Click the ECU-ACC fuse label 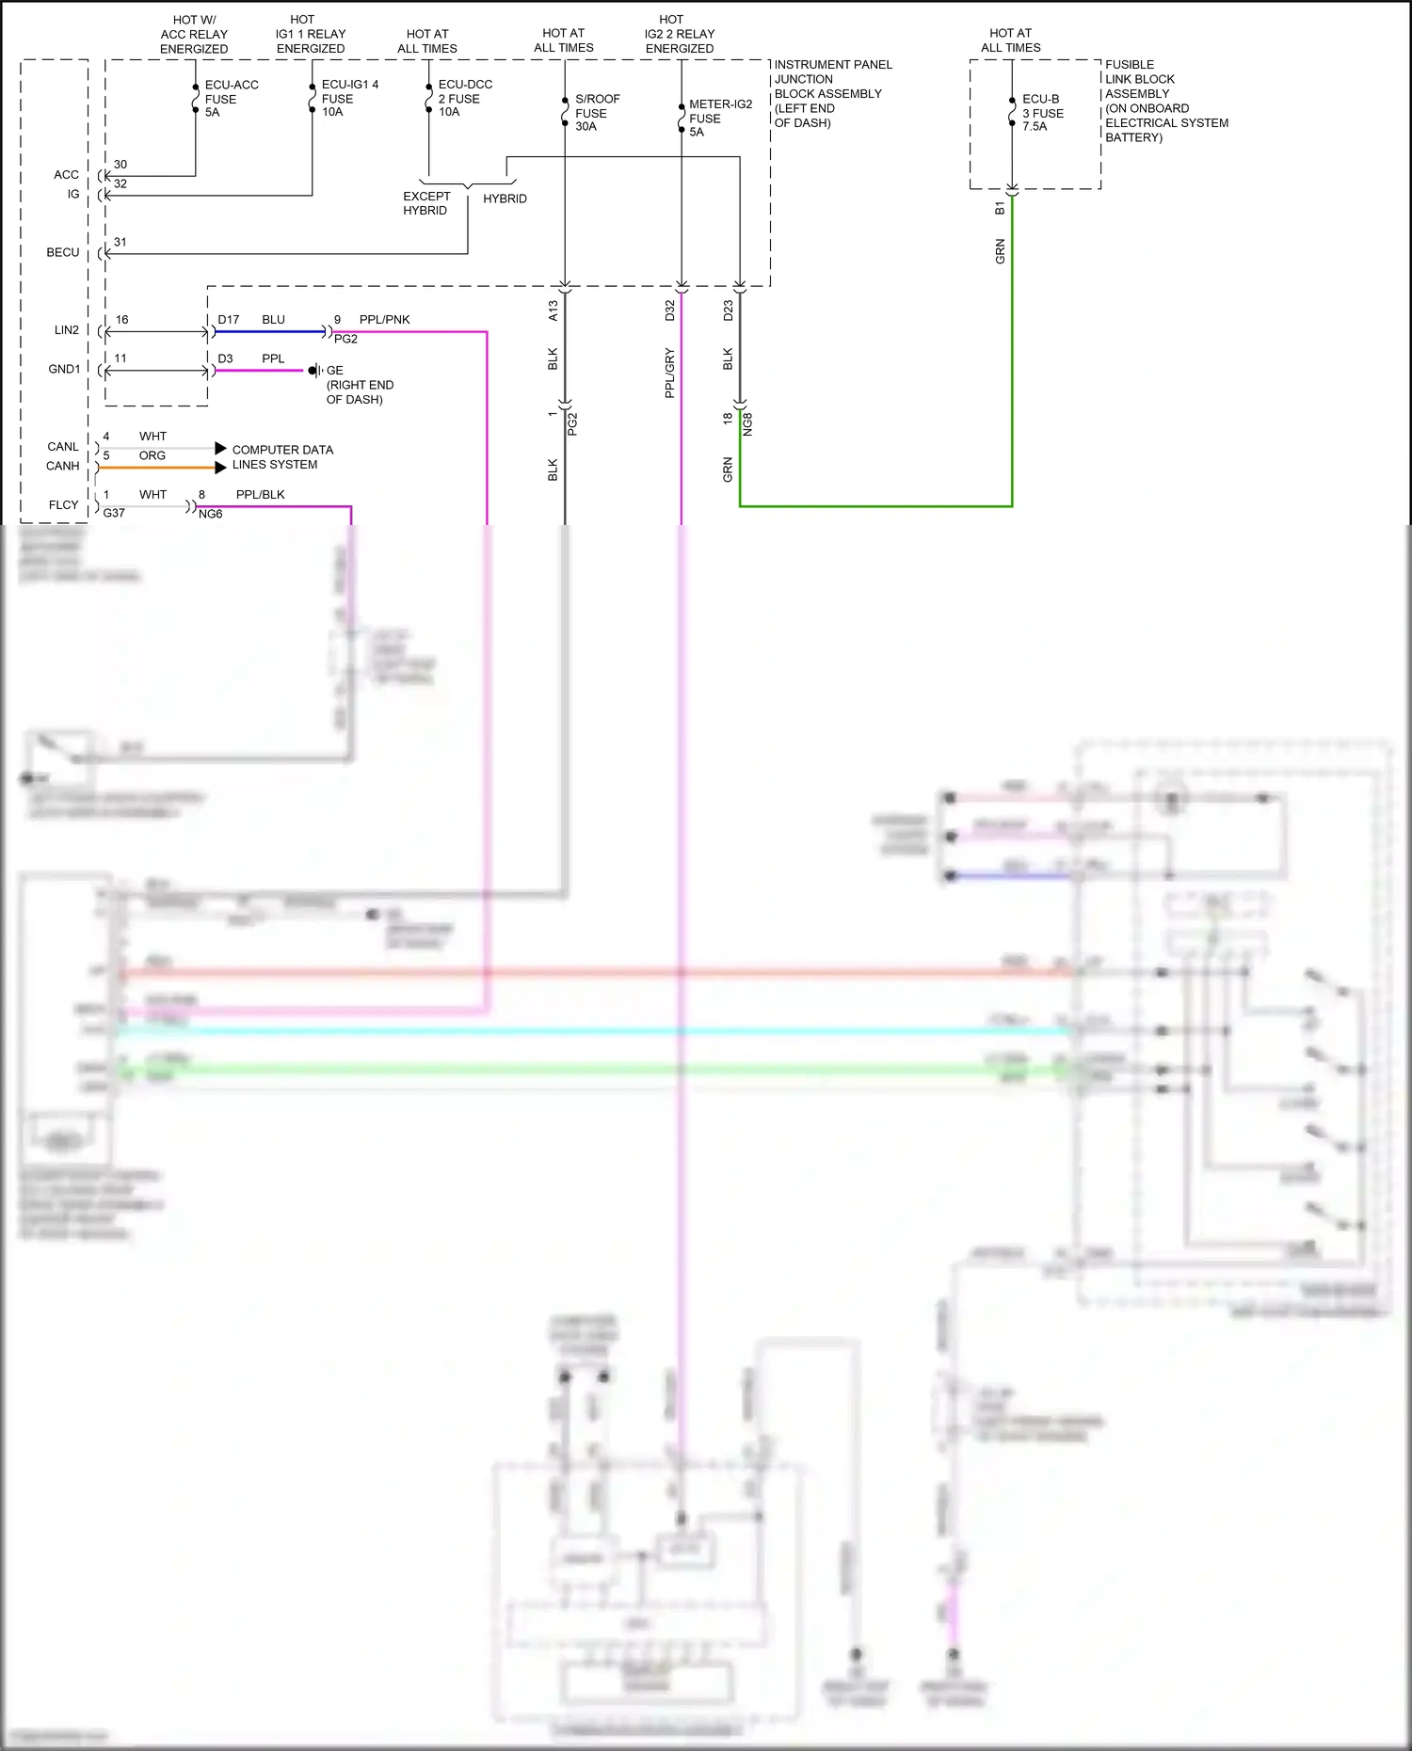(231, 98)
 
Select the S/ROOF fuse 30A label (597, 112)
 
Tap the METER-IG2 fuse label (719, 118)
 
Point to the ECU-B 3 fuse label (1042, 112)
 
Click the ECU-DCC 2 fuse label (464, 98)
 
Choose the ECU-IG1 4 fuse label (348, 98)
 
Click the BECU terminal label (63, 252)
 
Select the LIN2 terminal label (66, 330)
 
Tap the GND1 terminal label (64, 369)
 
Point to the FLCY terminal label (63, 505)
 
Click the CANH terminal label (62, 466)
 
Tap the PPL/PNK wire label (384, 320)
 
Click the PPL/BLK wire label (260, 495)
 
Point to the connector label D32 (669, 310)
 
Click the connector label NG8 (747, 423)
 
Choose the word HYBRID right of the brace (505, 199)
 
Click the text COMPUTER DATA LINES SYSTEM (281, 457)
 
